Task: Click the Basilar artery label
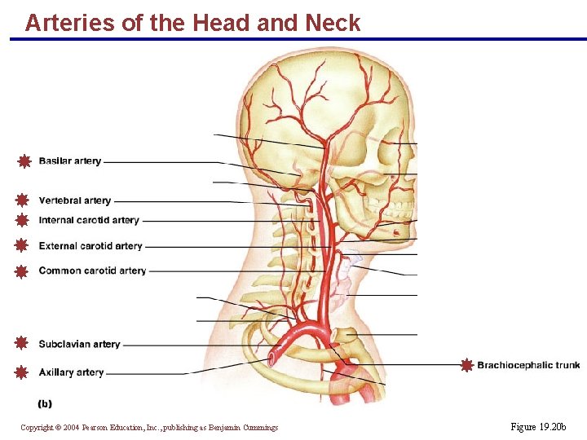(x=70, y=161)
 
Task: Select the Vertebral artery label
(x=74, y=200)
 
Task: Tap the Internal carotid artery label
(x=89, y=220)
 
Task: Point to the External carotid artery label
(x=90, y=246)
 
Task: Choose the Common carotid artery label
(x=92, y=271)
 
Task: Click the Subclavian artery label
(x=79, y=345)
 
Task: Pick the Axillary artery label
(x=71, y=372)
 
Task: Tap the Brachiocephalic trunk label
(x=528, y=365)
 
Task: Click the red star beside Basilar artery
(x=24, y=161)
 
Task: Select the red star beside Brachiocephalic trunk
(x=466, y=365)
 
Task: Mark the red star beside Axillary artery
(x=22, y=372)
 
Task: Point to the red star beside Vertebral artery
(x=22, y=200)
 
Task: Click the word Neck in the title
(x=333, y=23)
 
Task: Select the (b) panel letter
(x=45, y=403)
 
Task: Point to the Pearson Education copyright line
(x=149, y=428)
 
